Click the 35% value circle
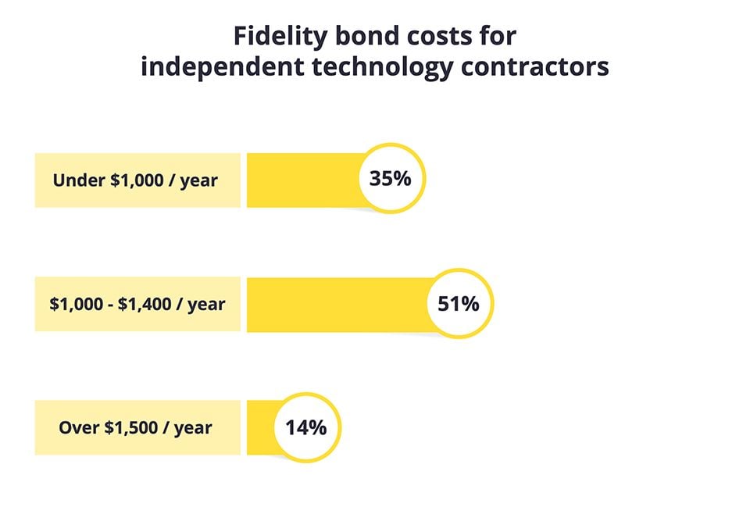pyautogui.click(x=390, y=179)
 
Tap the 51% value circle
pyautogui.click(x=458, y=304)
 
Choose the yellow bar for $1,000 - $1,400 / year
pyautogui.click(x=336, y=305)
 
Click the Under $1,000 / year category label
pyautogui.click(x=137, y=180)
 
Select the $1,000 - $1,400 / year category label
pyautogui.click(x=137, y=305)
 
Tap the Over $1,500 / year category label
pyautogui.click(x=137, y=428)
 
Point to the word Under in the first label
pyautogui.click(x=76, y=180)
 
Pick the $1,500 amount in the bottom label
pyautogui.click(x=130, y=428)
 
